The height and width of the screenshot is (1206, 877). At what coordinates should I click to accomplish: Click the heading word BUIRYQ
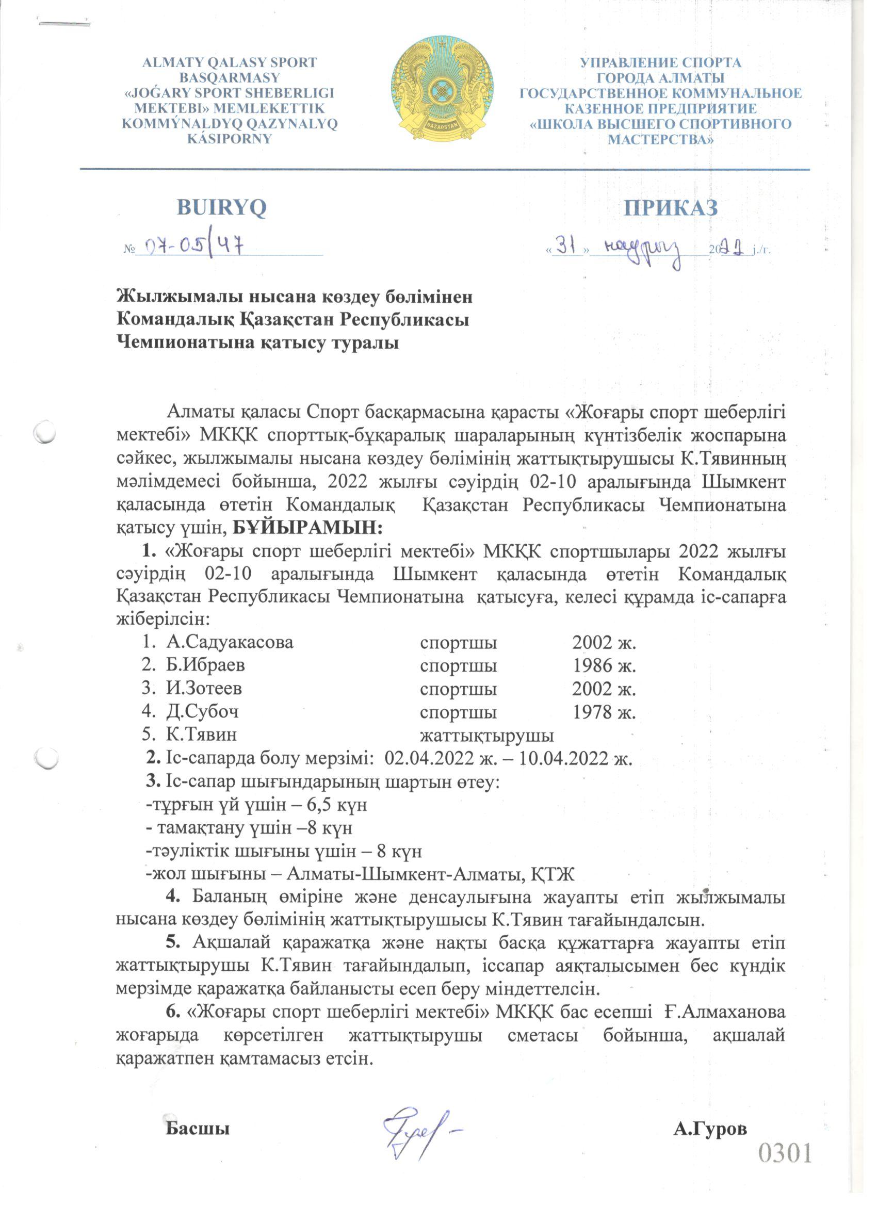221,208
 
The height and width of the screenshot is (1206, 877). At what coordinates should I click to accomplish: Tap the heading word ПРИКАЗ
671,208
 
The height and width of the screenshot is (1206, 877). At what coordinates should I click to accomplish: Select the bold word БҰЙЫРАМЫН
308,528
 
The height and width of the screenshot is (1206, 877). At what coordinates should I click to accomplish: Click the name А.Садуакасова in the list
229,642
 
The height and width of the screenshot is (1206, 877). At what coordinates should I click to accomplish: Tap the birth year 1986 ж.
604,665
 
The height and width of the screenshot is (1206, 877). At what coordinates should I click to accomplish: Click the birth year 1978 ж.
604,711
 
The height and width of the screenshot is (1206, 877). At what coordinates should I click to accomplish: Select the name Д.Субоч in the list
202,711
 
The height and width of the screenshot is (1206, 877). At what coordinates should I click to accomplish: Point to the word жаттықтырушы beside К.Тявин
486,736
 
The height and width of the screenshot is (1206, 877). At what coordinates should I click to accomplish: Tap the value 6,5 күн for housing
337,805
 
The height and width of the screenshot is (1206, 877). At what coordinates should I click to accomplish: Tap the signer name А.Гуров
709,1130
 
